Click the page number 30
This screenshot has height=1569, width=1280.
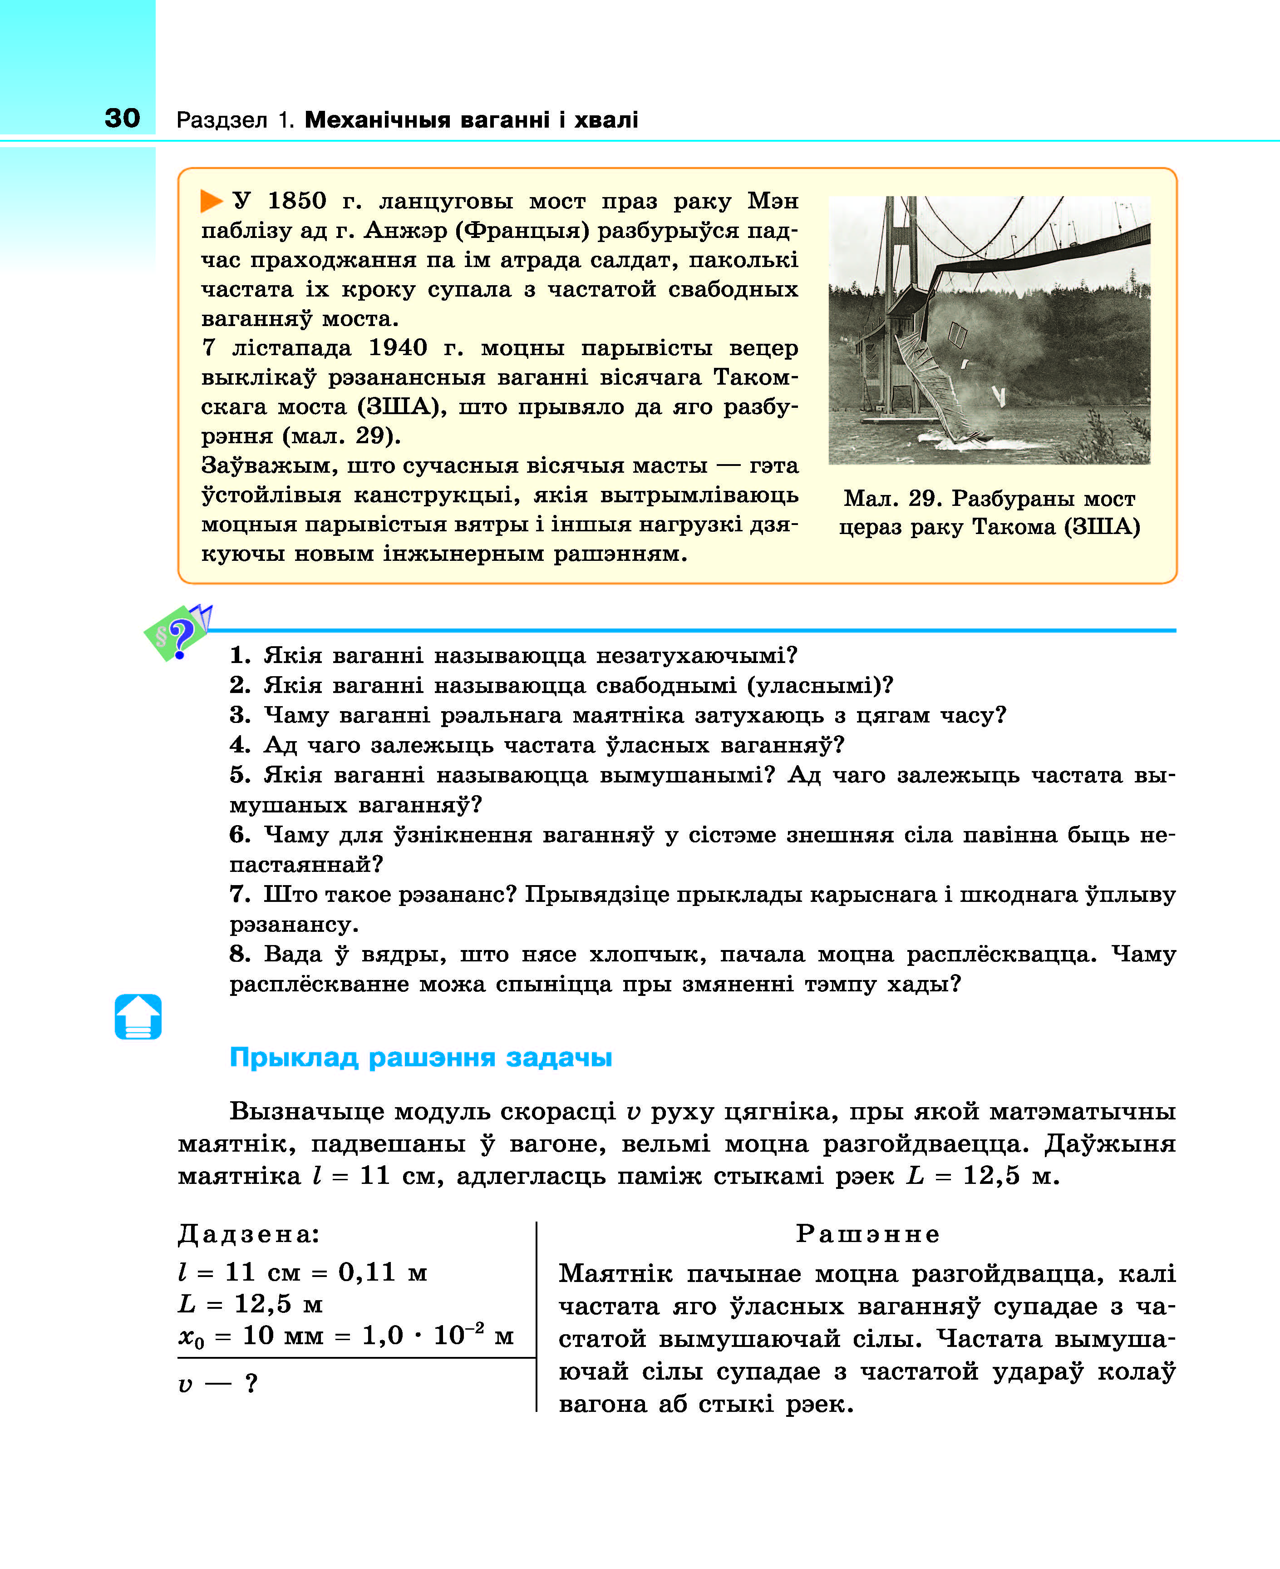pyautogui.click(x=123, y=118)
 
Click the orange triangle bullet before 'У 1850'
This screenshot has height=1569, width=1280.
pyautogui.click(x=212, y=201)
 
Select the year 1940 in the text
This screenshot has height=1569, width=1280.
pyautogui.click(x=398, y=347)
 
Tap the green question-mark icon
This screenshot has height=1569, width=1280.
pyautogui.click(x=177, y=633)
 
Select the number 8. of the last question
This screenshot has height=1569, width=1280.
pyautogui.click(x=240, y=954)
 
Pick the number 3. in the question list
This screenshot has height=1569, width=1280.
pyautogui.click(x=240, y=715)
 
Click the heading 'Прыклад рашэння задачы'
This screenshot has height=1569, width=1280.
pyautogui.click(x=420, y=1057)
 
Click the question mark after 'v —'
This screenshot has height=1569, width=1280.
pyautogui.click(x=251, y=1383)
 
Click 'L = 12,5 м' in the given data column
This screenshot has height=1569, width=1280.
pyautogui.click(x=251, y=1304)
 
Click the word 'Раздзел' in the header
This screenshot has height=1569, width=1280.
pyautogui.click(x=221, y=119)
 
